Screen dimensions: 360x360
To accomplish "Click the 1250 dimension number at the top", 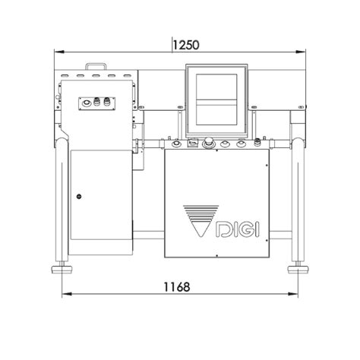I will click(185, 45).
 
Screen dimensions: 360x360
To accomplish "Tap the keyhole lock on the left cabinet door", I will click(78, 197).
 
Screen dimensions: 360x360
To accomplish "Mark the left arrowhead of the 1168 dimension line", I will click(62, 294).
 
